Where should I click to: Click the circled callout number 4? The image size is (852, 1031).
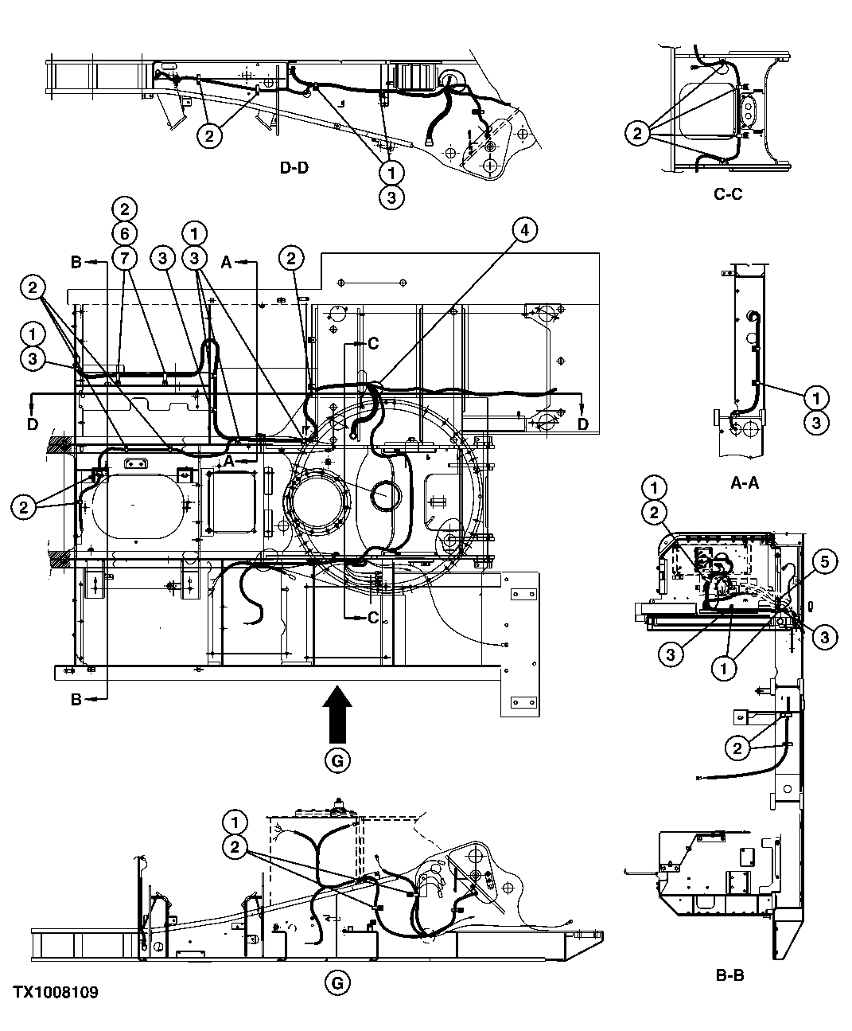point(523,230)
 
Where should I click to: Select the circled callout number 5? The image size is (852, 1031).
point(824,562)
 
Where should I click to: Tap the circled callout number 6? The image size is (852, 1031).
point(124,233)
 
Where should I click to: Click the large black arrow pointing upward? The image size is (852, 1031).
point(337,716)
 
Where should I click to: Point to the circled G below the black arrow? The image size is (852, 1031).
point(337,761)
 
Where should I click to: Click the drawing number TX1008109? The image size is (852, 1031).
point(55,993)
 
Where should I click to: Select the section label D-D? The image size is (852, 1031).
point(294,169)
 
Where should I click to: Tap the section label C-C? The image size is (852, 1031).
point(728,193)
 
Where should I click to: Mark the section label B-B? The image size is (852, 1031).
point(729,973)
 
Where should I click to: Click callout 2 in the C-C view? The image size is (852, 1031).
point(636,134)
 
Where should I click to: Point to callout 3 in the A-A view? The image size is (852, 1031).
point(816,422)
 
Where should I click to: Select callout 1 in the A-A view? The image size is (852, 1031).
point(816,396)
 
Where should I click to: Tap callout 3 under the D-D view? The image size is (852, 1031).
point(391,196)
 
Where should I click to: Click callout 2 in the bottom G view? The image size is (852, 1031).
point(235,847)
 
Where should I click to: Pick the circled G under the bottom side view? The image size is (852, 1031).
point(337,983)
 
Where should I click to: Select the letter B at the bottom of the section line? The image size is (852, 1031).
point(76,700)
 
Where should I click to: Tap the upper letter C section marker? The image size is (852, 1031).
point(373,344)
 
